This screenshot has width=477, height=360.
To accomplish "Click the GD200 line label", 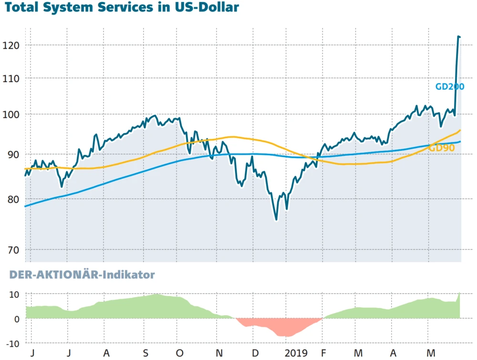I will (449, 87).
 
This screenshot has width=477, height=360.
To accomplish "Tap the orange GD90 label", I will (441, 148).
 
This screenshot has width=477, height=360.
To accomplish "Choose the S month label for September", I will (146, 353).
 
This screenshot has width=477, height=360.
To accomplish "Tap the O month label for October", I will (179, 353).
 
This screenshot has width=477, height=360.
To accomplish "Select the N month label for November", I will (219, 353).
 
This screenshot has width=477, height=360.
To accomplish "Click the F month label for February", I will (324, 353).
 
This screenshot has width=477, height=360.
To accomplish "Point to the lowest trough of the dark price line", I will (276, 219).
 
